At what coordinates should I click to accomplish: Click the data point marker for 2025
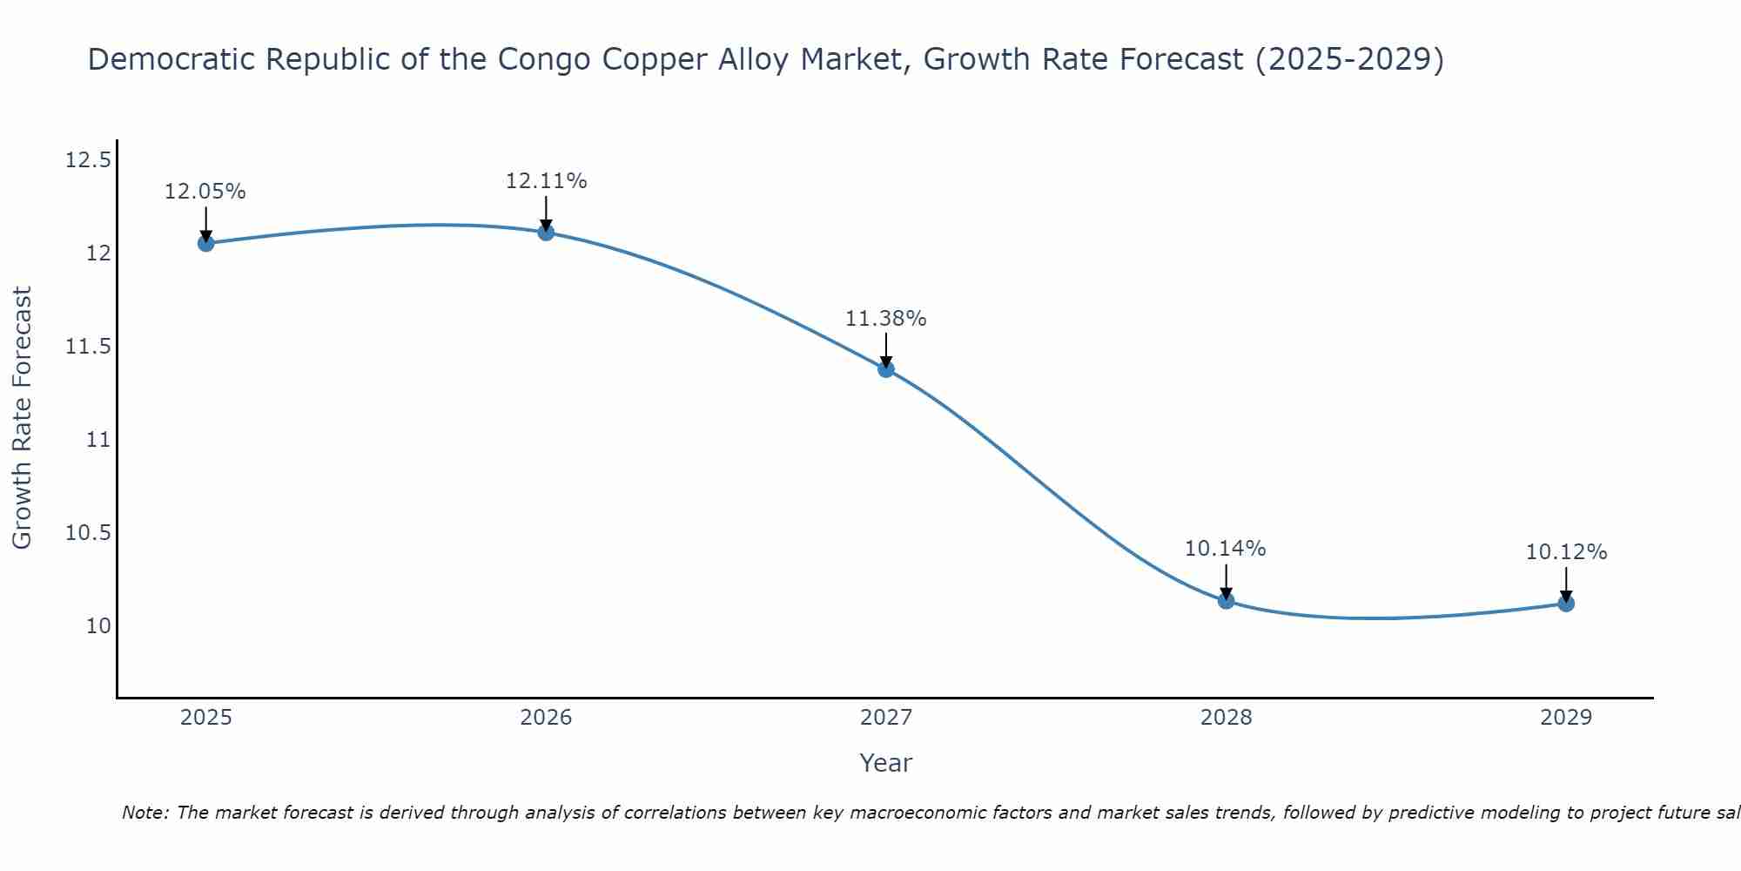(205, 243)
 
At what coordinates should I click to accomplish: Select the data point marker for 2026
(546, 232)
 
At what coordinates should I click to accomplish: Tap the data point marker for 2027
(886, 368)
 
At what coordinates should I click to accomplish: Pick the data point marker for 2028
(1226, 600)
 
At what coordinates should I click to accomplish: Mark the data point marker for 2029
(1566, 603)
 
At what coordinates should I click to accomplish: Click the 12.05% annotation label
(205, 192)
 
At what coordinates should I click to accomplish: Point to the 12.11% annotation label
(546, 181)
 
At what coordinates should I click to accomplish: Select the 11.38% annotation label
(886, 319)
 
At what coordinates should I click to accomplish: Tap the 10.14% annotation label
(1226, 549)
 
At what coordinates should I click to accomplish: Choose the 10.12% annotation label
(1566, 552)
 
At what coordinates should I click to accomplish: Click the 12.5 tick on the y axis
(88, 160)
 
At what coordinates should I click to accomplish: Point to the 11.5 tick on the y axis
(88, 347)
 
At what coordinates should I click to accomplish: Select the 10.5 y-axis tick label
(88, 533)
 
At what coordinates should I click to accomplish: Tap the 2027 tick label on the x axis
(886, 718)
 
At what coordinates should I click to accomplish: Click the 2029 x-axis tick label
(1566, 718)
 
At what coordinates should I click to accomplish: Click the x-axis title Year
(886, 763)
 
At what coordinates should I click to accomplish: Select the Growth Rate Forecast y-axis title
(22, 417)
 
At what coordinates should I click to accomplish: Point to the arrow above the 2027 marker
(886, 350)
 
